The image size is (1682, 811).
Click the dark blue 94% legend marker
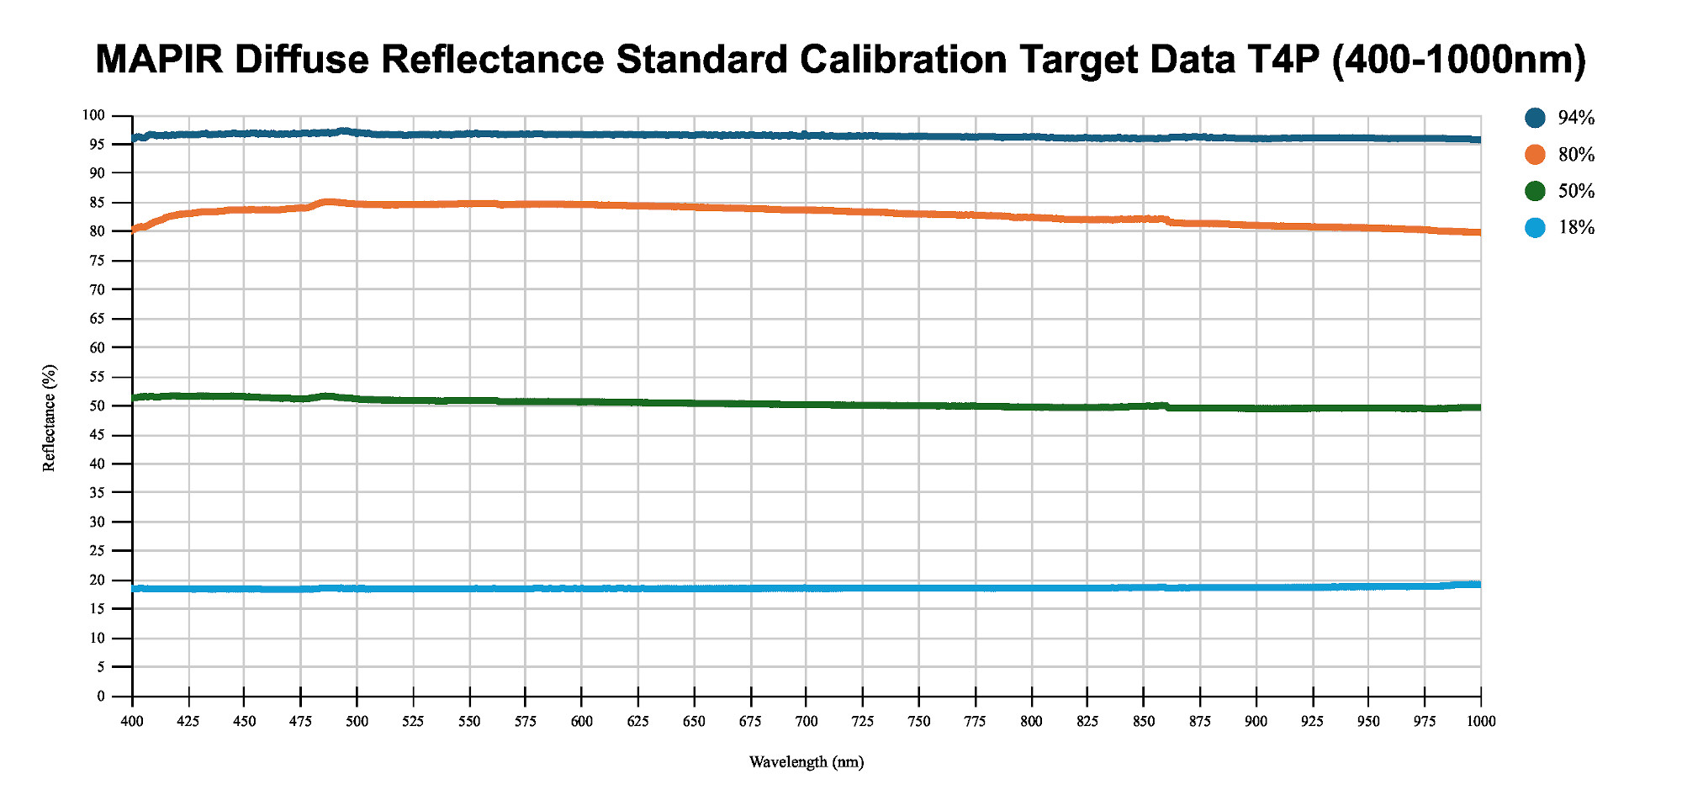pos(1535,118)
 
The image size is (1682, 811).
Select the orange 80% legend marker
pos(1535,155)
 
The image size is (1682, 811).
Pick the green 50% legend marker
pos(1535,191)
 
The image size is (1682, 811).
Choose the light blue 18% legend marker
pos(1535,228)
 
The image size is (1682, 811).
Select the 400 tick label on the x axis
pos(132,721)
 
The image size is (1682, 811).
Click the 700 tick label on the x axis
pos(806,721)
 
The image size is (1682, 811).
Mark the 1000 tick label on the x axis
pos(1481,721)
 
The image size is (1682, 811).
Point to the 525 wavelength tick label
pos(413,721)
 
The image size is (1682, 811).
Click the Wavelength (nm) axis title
pos(806,762)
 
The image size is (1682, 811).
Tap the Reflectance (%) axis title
pos(50,418)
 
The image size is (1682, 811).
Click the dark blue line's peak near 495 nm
pos(344,131)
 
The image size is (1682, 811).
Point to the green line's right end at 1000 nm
pos(1479,407)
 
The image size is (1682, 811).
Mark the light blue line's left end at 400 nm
pos(134,589)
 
